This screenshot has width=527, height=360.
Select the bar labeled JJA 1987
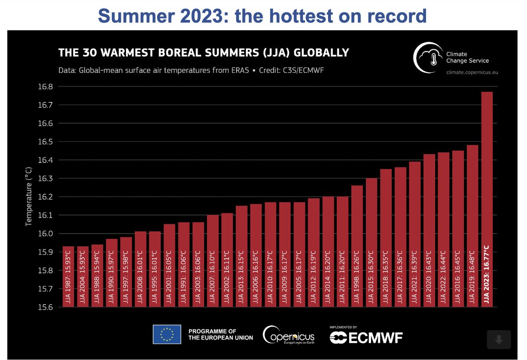click(x=69, y=277)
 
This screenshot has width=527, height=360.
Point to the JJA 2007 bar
click(x=213, y=261)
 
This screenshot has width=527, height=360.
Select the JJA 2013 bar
click(x=242, y=256)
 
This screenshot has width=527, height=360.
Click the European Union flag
click(x=166, y=334)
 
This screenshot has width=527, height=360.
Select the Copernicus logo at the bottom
click(x=289, y=335)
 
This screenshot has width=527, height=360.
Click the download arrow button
click(x=498, y=339)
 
